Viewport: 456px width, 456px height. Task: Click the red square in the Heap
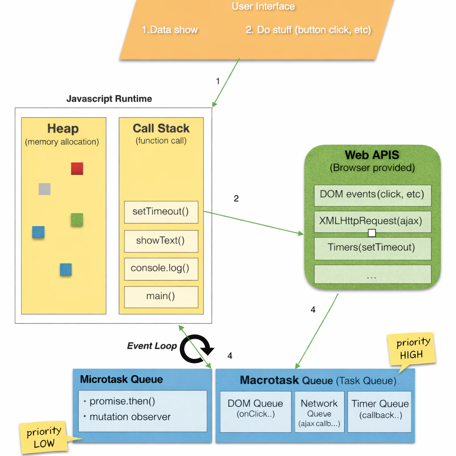pyautogui.click(x=77, y=169)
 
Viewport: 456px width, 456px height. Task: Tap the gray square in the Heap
pyautogui.click(x=45, y=189)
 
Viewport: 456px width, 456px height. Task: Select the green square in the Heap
pyautogui.click(x=77, y=220)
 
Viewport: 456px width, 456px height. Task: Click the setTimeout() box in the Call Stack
pyautogui.click(x=161, y=212)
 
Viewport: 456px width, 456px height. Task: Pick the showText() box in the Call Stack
pyautogui.click(x=161, y=241)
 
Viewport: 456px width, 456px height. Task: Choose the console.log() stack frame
pyautogui.click(x=161, y=269)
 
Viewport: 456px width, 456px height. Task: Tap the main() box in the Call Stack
pyautogui.click(x=161, y=297)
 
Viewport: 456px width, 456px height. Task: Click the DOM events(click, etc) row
pyautogui.click(x=372, y=195)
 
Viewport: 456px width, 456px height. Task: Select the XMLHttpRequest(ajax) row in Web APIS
pyautogui.click(x=372, y=221)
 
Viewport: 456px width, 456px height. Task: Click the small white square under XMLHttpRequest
pyautogui.click(x=372, y=233)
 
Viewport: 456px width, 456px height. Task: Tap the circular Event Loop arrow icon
pyautogui.click(x=197, y=350)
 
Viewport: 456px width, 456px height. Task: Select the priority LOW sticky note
pyautogui.click(x=43, y=437)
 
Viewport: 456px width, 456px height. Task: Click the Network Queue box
pyautogui.click(x=319, y=411)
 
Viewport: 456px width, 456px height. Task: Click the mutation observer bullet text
pyautogui.click(x=130, y=417)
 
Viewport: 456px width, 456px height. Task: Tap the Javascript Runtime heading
pyautogui.click(x=109, y=99)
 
